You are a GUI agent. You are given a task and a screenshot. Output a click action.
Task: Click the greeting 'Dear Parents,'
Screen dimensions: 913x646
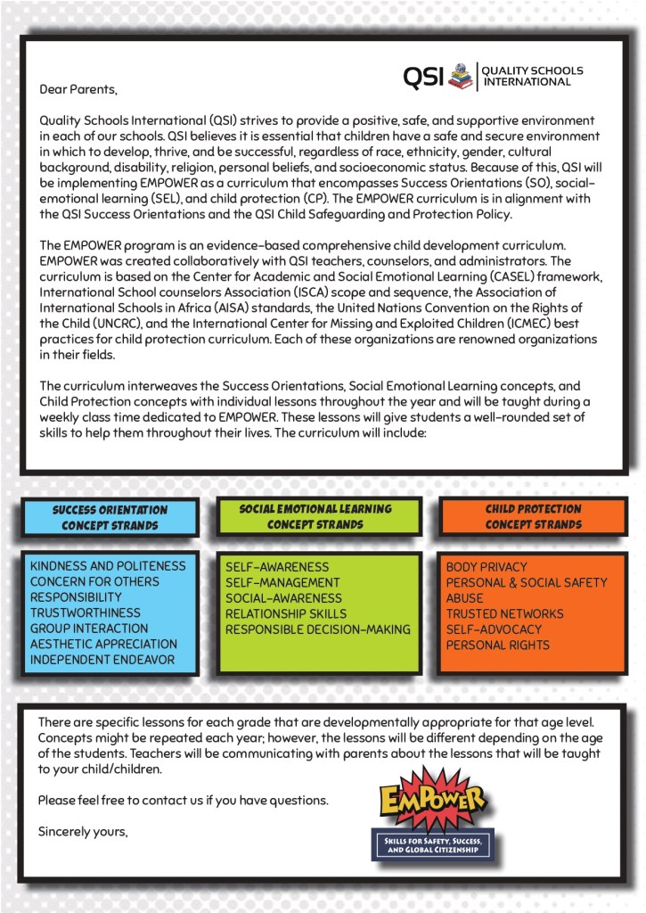[x=78, y=89]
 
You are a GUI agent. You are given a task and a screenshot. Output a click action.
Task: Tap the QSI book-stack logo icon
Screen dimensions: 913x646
[x=461, y=76]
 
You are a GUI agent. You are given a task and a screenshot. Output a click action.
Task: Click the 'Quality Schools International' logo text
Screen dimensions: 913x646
[x=533, y=76]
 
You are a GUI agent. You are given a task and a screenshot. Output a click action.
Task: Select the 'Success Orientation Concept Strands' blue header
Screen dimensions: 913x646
[x=110, y=517]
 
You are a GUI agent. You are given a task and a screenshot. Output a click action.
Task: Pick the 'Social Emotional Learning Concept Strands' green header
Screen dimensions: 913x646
[x=315, y=516]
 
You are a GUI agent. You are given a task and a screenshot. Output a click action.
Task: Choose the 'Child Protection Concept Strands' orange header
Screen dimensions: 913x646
[x=533, y=516]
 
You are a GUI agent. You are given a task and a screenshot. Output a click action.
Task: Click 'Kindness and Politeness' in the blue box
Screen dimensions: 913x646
[x=108, y=566]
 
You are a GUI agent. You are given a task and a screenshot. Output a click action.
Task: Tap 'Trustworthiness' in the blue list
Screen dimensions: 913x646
[x=86, y=613]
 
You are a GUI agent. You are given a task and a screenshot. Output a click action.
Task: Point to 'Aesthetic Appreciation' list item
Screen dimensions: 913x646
[x=103, y=644]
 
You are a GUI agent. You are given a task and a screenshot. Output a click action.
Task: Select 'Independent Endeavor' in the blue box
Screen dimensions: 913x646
[x=102, y=660]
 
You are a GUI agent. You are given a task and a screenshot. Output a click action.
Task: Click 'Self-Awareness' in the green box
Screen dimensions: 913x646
[x=277, y=567]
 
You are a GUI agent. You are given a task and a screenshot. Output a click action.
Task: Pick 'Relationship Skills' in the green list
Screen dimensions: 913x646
[x=286, y=613]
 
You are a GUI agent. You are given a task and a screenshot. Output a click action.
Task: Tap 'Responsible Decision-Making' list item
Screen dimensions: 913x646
[x=318, y=629]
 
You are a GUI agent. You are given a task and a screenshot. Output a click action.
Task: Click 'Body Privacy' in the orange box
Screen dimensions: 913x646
[x=487, y=567]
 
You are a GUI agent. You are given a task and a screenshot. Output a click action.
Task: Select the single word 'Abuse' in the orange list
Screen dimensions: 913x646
[x=465, y=598]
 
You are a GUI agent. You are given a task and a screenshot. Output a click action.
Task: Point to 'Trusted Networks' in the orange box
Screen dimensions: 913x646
[x=504, y=614]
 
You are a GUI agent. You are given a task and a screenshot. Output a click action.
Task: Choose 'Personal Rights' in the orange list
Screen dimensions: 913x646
[x=498, y=645]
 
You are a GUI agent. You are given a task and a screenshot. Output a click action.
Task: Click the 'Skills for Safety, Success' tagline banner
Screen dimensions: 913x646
[x=432, y=844]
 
